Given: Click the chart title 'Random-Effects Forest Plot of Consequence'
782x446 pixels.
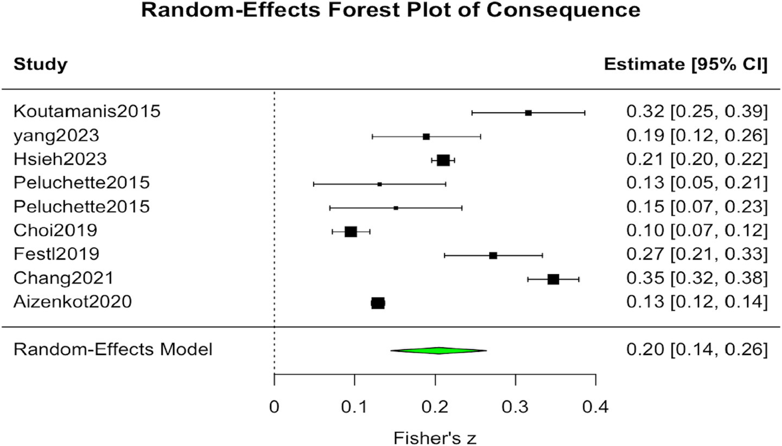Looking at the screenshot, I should (391, 10).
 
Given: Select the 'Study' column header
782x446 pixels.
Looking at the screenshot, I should (41, 64).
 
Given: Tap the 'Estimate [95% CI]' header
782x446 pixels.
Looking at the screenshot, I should (685, 64).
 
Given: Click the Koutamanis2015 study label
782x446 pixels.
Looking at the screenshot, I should (87, 112).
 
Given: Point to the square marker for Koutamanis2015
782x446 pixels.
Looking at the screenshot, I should (528, 113).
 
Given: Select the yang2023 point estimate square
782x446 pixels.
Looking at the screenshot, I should (426, 137).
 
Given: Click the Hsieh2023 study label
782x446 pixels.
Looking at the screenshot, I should (60, 160).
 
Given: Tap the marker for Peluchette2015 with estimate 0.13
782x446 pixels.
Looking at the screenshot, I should (379, 184).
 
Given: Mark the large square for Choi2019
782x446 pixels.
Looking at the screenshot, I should (351, 232).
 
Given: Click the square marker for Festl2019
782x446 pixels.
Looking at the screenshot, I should (493, 256).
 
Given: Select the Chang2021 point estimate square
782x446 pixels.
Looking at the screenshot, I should (553, 279).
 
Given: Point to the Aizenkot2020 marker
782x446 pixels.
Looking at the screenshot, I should (378, 303).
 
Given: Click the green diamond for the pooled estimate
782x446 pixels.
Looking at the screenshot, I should (438, 351).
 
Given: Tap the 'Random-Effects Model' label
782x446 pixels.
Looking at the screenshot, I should (113, 350).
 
